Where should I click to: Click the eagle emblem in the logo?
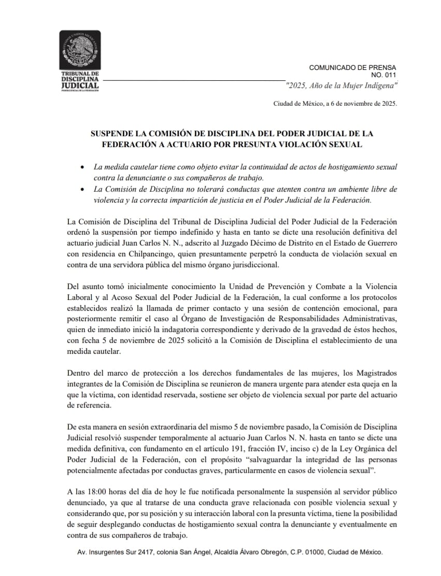(x=80, y=50)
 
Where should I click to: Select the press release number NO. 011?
(x=383, y=75)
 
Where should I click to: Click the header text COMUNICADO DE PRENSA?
(x=352, y=67)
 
